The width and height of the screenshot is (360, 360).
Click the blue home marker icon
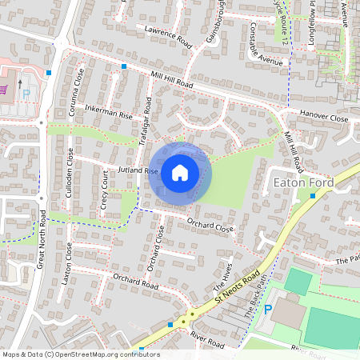(x=180, y=172)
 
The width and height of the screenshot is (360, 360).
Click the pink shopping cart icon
(x=6, y=89)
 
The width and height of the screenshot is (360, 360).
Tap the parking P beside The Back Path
(x=269, y=309)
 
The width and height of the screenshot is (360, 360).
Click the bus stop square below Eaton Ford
(x=313, y=195)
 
